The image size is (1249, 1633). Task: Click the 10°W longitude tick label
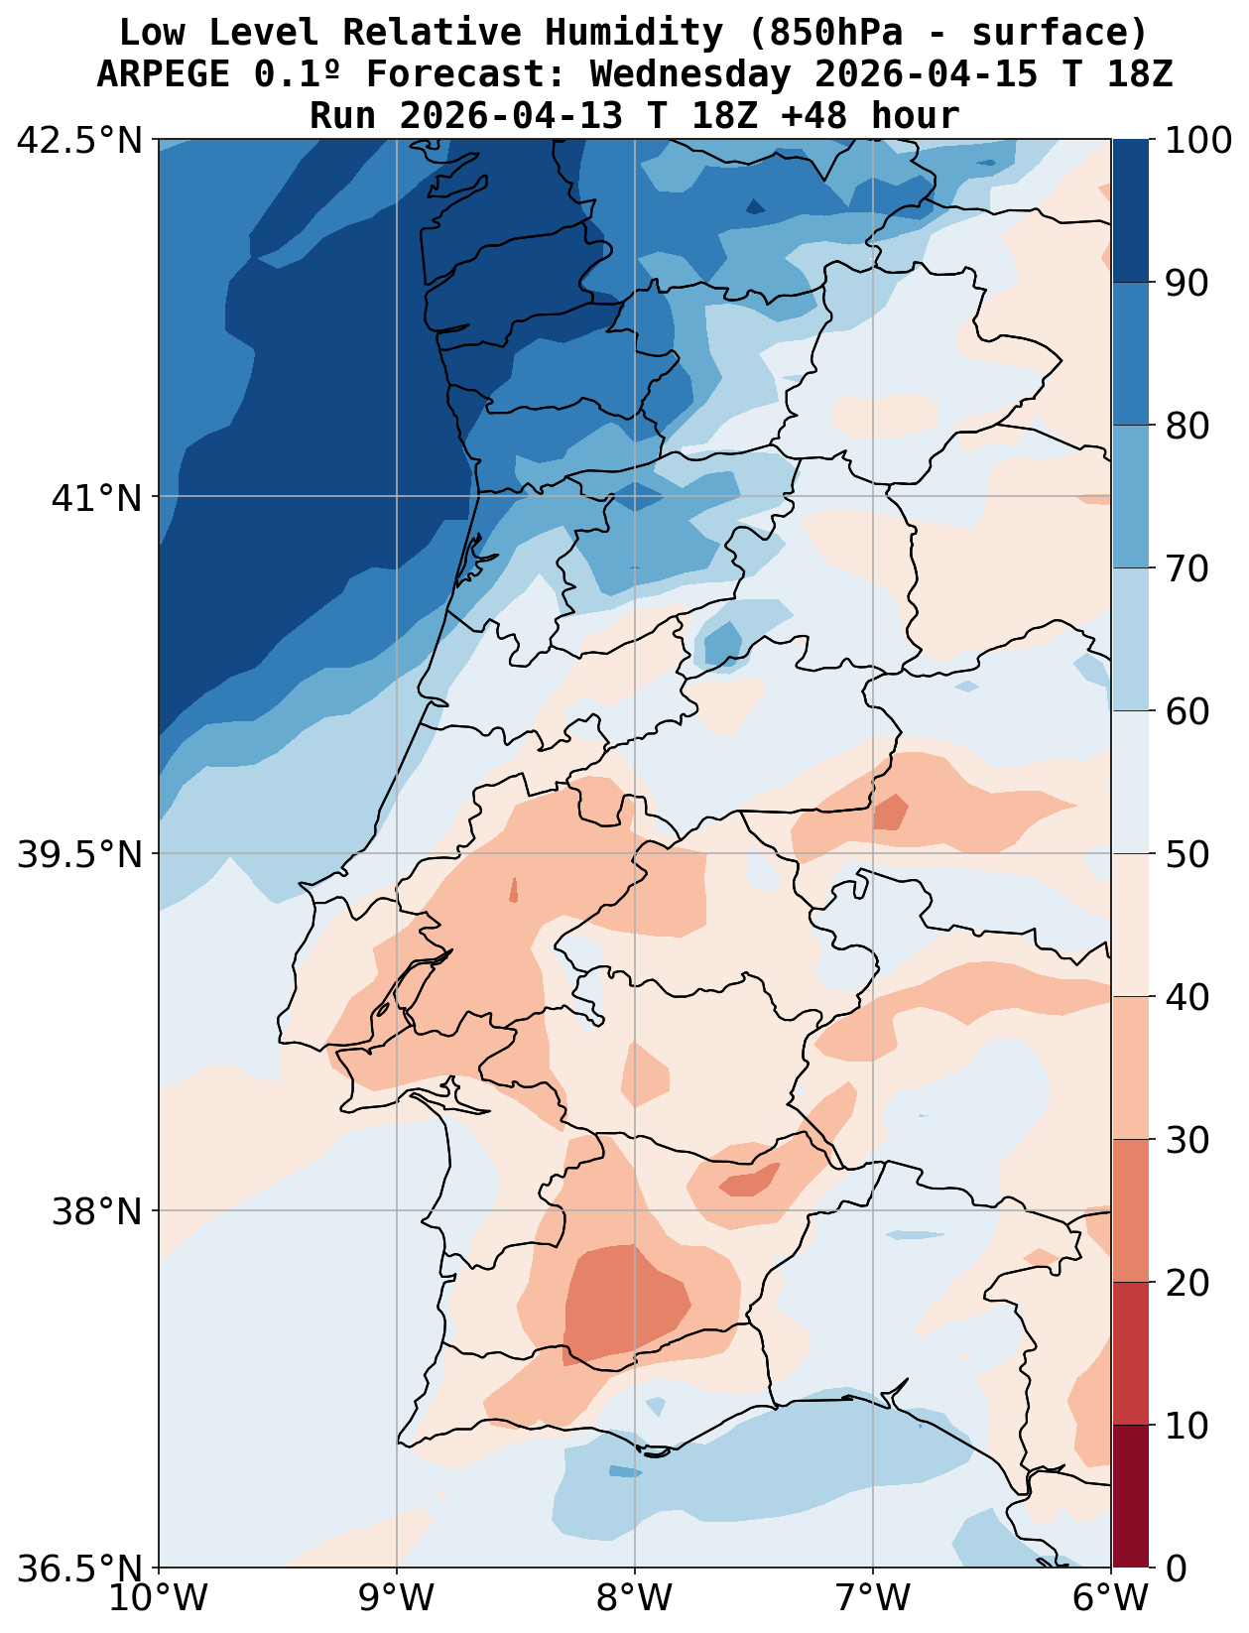(x=159, y=1598)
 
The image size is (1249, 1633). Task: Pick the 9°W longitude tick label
(x=397, y=1598)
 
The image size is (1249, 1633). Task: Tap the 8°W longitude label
(x=635, y=1598)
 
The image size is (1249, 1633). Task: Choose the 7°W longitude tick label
(x=873, y=1598)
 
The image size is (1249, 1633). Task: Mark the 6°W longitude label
(x=1110, y=1598)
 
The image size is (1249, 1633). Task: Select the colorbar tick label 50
(x=1187, y=854)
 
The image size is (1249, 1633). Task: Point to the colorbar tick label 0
(x=1174, y=1569)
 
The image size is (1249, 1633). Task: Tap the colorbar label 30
(x=1187, y=1140)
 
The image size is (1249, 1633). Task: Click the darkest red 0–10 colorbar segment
(x=1130, y=1496)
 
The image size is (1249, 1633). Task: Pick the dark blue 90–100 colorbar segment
(x=1130, y=210)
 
